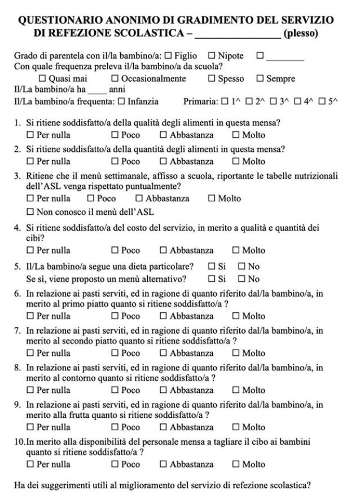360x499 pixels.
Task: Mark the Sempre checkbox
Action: (x=260, y=79)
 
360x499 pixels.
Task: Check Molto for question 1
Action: (x=236, y=135)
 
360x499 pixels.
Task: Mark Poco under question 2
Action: (x=115, y=161)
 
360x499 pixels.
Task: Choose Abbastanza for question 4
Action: (x=164, y=250)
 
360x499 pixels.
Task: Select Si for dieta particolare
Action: (x=212, y=266)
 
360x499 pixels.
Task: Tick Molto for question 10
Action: (x=236, y=465)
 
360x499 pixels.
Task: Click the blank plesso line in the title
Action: (x=237, y=34)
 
